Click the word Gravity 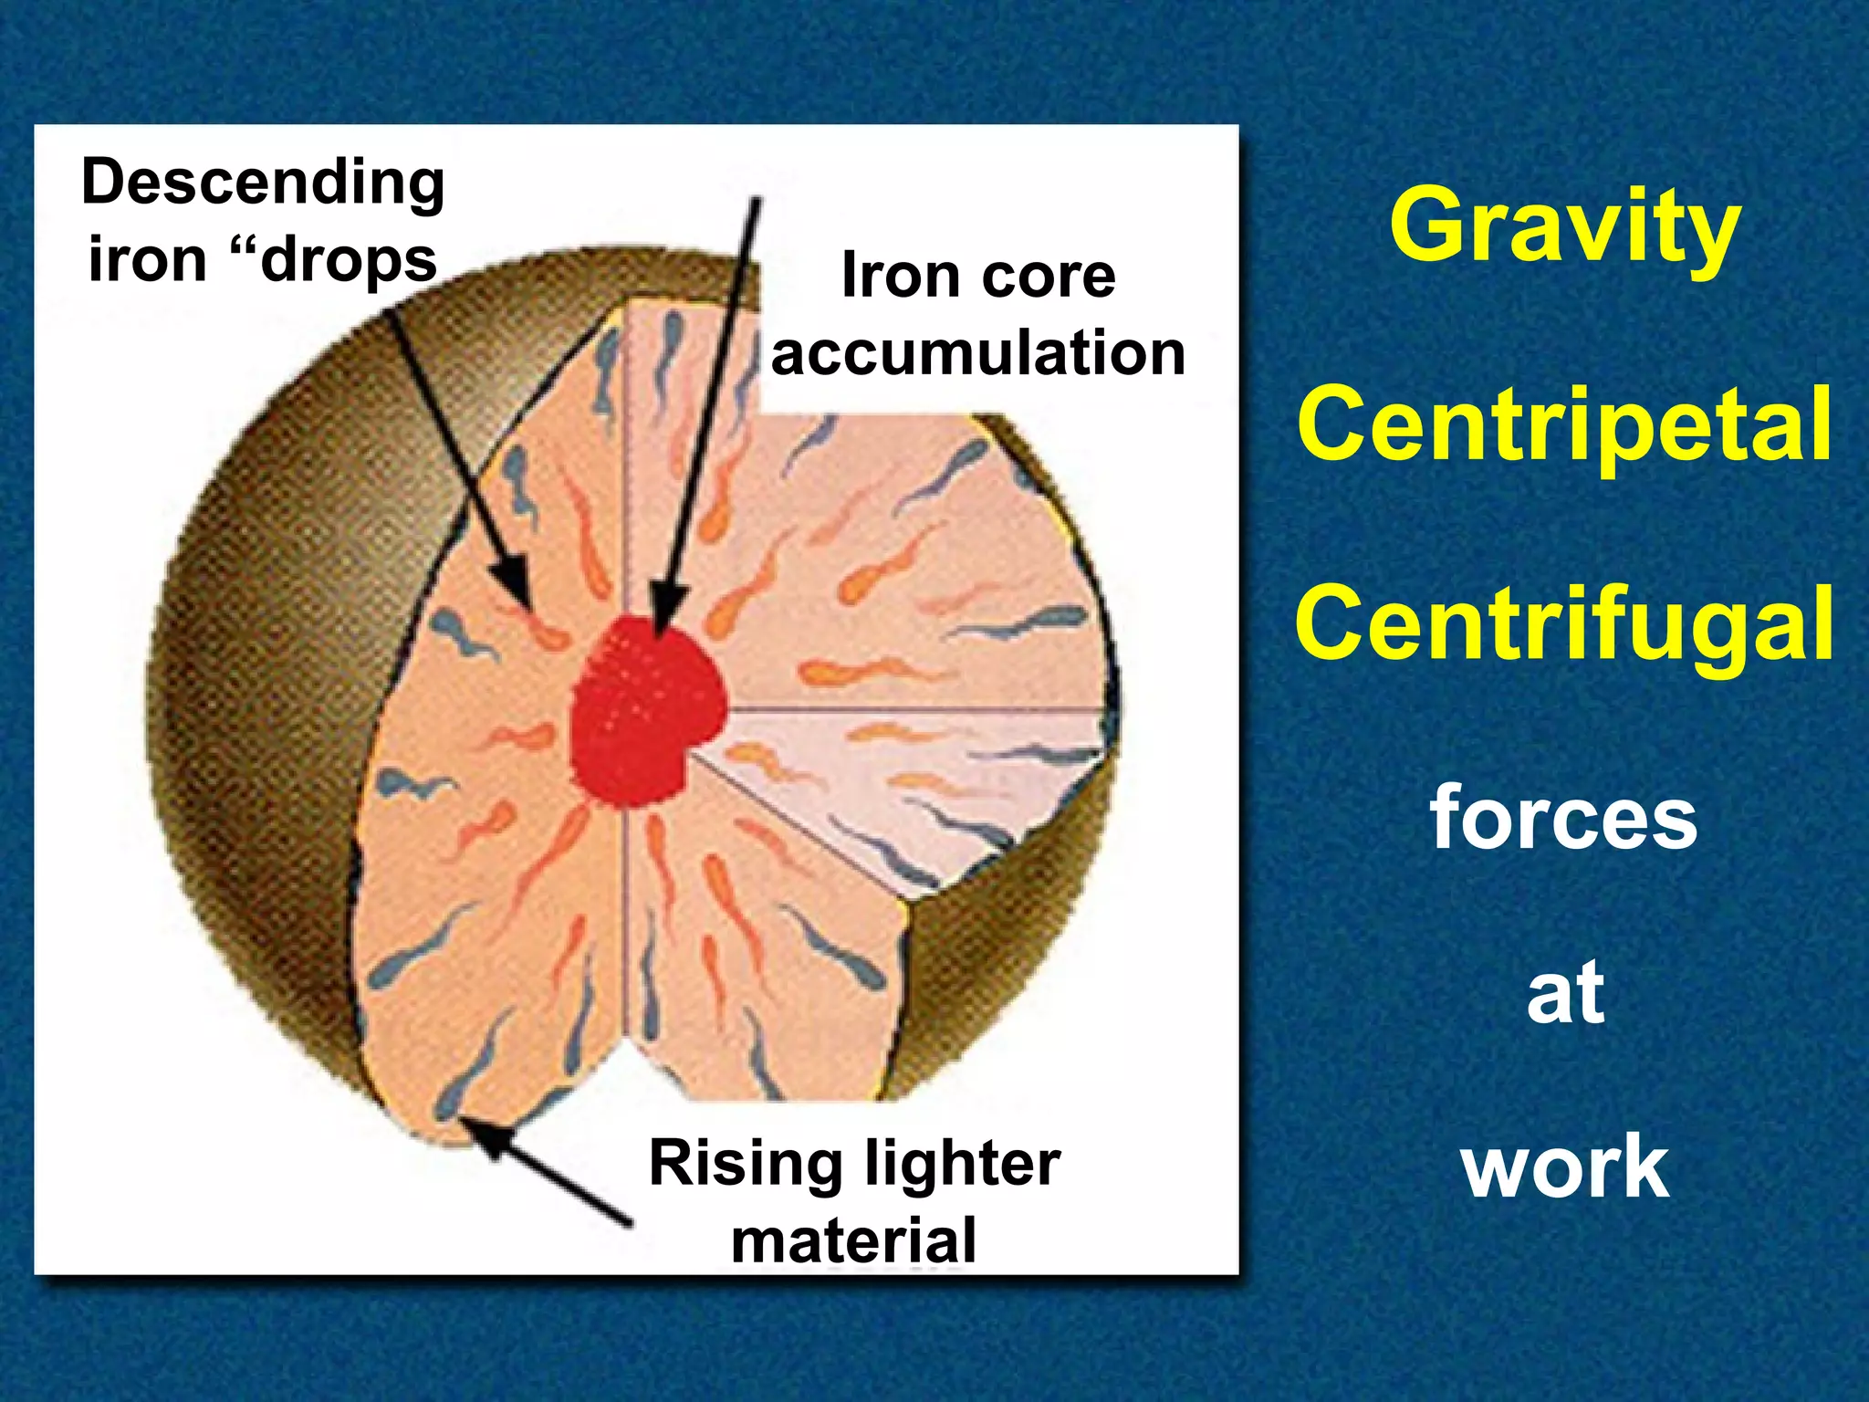[x=1564, y=225]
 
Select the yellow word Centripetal [x=1564, y=424]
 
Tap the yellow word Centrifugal [x=1564, y=624]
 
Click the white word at [x=1566, y=993]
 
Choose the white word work [x=1566, y=1167]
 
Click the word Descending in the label [x=263, y=183]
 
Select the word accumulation [x=978, y=353]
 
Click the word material [x=854, y=1240]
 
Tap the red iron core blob [x=644, y=712]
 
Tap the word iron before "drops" [x=148, y=261]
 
